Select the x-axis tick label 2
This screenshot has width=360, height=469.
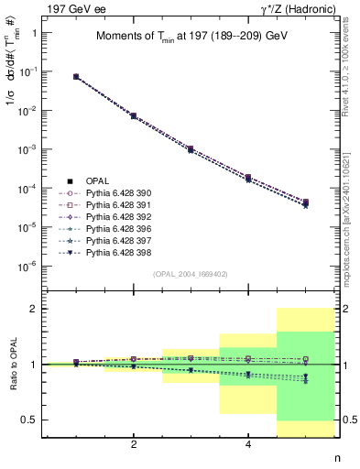coord(134,444)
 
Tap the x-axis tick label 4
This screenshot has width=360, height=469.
coord(248,444)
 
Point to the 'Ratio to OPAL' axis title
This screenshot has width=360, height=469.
coord(13,365)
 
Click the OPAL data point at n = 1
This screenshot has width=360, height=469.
coord(76,77)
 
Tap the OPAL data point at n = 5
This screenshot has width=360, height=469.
coord(305,202)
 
